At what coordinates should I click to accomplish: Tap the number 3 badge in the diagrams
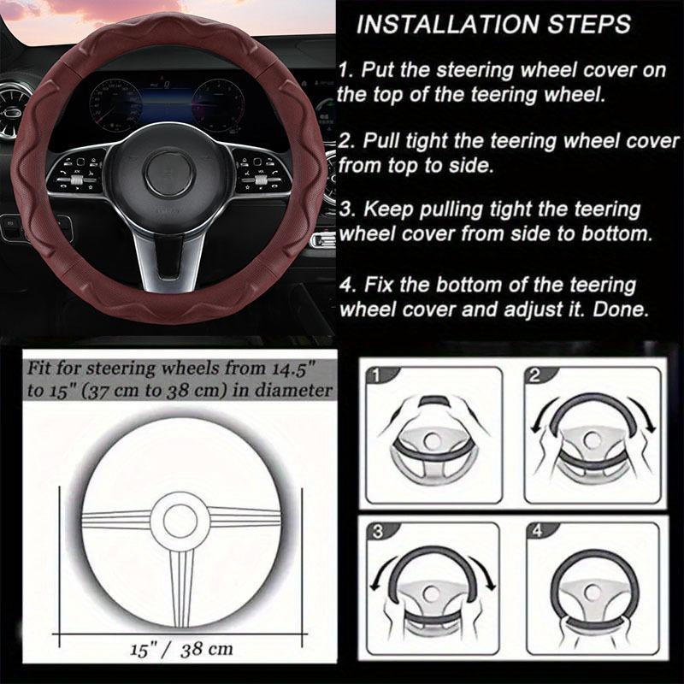coord(374,531)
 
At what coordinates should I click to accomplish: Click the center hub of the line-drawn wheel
coord(182,519)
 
